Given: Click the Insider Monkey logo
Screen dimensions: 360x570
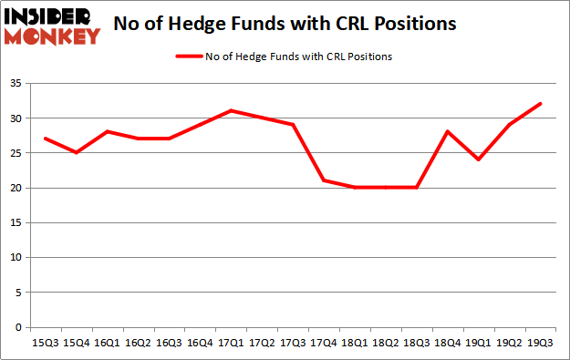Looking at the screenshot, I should tap(53, 26).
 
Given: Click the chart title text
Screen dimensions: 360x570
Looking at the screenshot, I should tap(285, 26).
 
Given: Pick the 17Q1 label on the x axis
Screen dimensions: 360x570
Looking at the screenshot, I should tap(231, 343).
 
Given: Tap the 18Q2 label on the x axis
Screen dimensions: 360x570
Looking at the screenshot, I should tap(386, 343).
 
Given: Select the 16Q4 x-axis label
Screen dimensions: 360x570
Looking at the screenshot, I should tap(200, 343).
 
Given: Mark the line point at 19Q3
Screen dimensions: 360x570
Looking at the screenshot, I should tap(542, 104).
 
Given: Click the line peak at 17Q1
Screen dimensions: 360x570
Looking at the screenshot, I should tap(232, 110).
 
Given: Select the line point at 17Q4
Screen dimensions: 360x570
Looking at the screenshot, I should tap(325, 180).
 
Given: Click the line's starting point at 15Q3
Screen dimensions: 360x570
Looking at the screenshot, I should tap(46, 139).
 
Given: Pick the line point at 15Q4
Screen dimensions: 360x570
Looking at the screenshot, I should tap(77, 152).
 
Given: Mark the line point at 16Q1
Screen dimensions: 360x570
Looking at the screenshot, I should tap(108, 131).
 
